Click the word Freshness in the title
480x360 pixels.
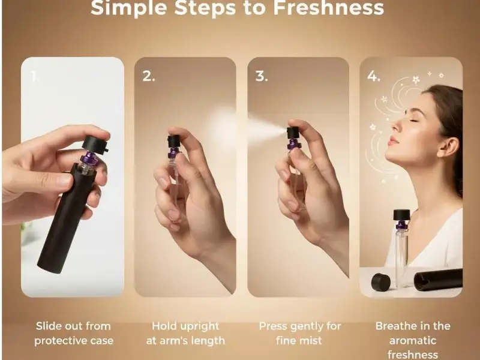click(328, 7)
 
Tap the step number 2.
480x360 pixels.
click(148, 76)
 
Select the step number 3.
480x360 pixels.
click(262, 76)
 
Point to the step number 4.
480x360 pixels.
click(373, 76)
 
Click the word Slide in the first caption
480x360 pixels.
click(49, 326)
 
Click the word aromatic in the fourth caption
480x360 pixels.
click(413, 340)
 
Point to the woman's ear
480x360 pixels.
click(448, 147)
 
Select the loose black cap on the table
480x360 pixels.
click(381, 282)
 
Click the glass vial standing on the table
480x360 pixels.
click(401, 248)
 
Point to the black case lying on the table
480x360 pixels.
click(438, 280)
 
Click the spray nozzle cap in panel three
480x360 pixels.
click(293, 133)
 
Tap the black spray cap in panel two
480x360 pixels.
click(174, 142)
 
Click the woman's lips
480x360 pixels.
click(392, 142)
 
